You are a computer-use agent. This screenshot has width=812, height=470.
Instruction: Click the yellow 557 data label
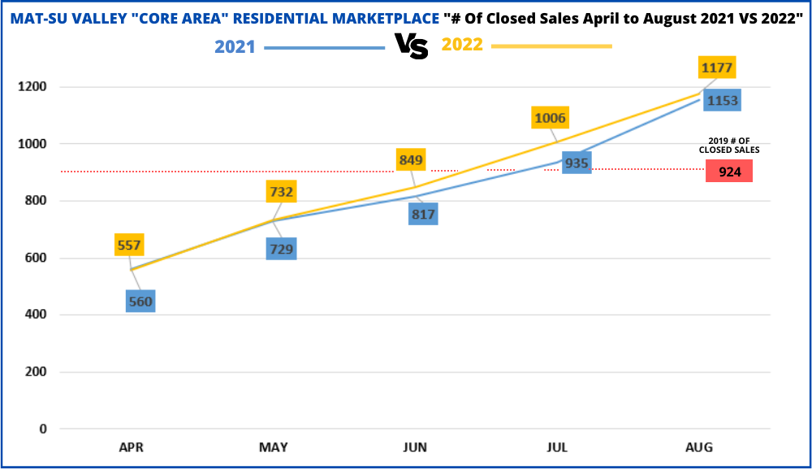[x=129, y=245]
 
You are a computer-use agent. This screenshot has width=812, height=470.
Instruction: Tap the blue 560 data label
[x=140, y=302]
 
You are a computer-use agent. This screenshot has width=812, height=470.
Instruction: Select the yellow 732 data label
[x=281, y=192]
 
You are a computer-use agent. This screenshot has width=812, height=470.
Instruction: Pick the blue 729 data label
[x=281, y=249]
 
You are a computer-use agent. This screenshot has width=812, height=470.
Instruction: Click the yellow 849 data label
[x=411, y=159]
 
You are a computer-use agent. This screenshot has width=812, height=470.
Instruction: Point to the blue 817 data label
[x=423, y=215]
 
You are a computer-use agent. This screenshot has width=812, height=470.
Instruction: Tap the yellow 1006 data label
[x=550, y=118]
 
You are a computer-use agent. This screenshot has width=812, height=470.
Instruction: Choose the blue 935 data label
[x=577, y=163]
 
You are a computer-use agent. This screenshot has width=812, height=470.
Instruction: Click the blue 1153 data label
[x=722, y=100]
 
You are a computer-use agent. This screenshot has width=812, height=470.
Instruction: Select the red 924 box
[x=729, y=172]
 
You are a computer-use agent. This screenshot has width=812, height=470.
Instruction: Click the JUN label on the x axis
[x=415, y=447]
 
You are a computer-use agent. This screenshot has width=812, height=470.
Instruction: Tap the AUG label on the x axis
[x=699, y=447]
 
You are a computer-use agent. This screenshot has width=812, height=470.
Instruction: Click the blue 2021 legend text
[x=235, y=46]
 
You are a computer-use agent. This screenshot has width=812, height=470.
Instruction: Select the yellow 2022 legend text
[x=462, y=45]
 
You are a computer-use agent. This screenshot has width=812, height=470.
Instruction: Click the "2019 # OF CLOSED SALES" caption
[x=729, y=146]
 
